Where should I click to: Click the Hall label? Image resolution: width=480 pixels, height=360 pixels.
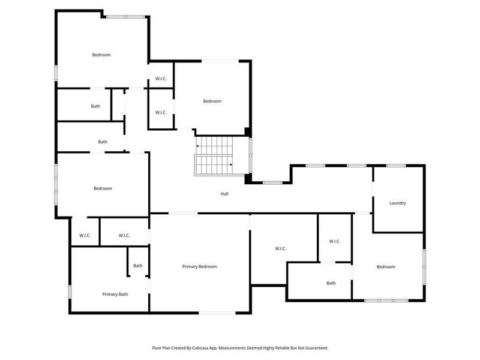pos(224,194)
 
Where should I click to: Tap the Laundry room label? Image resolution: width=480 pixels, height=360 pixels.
pos(398,203)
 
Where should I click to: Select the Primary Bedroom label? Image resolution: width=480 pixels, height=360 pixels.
pos(199,266)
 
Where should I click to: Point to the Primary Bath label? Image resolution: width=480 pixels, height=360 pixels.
pos(115,294)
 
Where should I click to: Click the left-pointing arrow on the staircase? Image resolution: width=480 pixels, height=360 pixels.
pos(197,146)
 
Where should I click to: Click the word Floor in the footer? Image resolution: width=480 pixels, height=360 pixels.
pos(158,348)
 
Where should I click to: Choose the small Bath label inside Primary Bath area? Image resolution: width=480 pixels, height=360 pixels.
pos(138,266)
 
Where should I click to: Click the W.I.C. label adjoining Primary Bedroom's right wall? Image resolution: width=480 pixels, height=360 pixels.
pos(280,248)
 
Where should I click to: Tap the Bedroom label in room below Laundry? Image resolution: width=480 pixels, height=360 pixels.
pos(386,266)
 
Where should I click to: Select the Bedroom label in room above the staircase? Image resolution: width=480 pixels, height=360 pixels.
pos(212,101)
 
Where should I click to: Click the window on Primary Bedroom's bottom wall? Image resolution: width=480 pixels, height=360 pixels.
pos(217,313)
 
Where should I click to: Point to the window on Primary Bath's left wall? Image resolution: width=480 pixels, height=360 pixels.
pos(70,292)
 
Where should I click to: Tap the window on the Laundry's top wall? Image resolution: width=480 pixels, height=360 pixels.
pos(396,165)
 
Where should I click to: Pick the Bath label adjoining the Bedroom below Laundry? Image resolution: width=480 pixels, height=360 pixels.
pos(331,283)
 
